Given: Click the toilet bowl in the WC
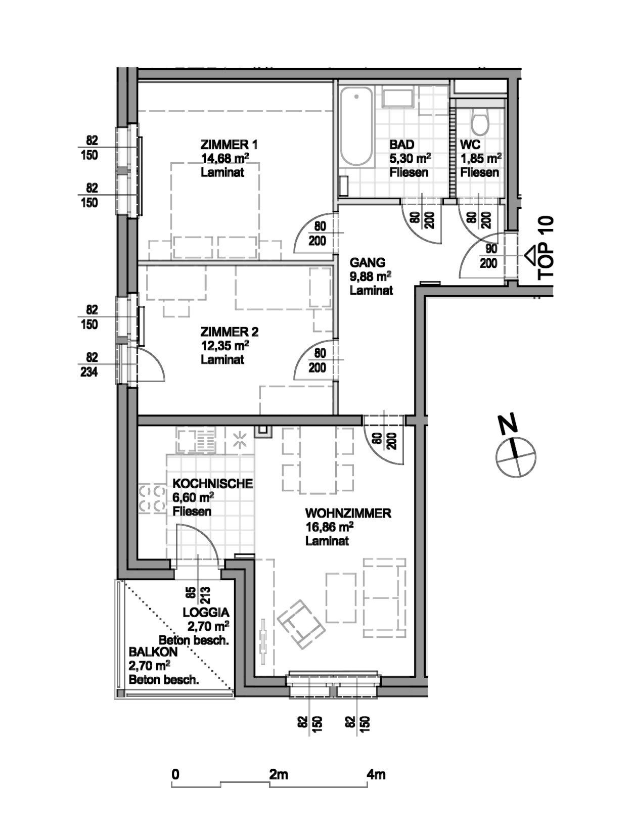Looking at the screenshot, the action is click(x=480, y=121).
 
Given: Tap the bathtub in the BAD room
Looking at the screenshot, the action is click(x=356, y=126).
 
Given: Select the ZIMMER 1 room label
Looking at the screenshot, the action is click(x=229, y=145).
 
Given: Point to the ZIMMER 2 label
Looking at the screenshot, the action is click(x=230, y=332).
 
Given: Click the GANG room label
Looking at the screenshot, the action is click(x=368, y=263).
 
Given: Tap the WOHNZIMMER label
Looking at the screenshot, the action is click(x=348, y=514).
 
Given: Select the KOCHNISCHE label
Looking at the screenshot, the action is click(x=212, y=484).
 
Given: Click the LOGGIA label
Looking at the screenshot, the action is click(x=206, y=613).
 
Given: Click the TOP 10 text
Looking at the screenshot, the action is click(x=546, y=248).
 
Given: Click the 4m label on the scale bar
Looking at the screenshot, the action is click(x=376, y=774).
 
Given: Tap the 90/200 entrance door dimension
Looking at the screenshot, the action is click(x=488, y=256).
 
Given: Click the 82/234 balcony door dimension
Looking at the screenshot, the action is click(x=89, y=364).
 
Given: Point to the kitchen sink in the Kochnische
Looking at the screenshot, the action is click(x=196, y=440).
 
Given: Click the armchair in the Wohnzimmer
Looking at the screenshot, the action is click(x=301, y=624).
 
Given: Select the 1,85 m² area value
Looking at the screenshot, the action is click(x=481, y=158).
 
